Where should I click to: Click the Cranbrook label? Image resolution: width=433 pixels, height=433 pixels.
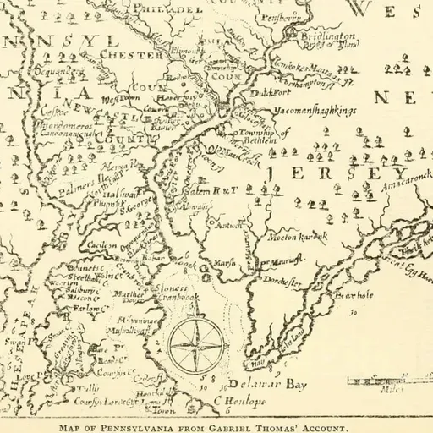click(x=178, y=299)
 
